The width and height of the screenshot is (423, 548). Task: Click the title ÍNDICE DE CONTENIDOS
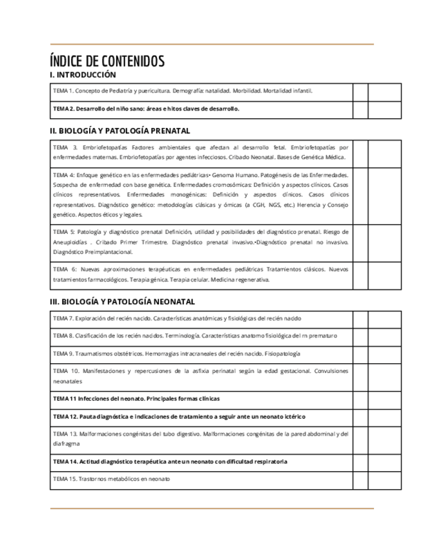[107, 61]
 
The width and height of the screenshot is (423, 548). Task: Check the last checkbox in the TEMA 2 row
[378, 109]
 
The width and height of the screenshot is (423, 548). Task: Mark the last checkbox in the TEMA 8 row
[378, 336]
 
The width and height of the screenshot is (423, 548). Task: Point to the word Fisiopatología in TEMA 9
[282, 354]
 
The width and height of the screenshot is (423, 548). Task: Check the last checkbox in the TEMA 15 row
[378, 479]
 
